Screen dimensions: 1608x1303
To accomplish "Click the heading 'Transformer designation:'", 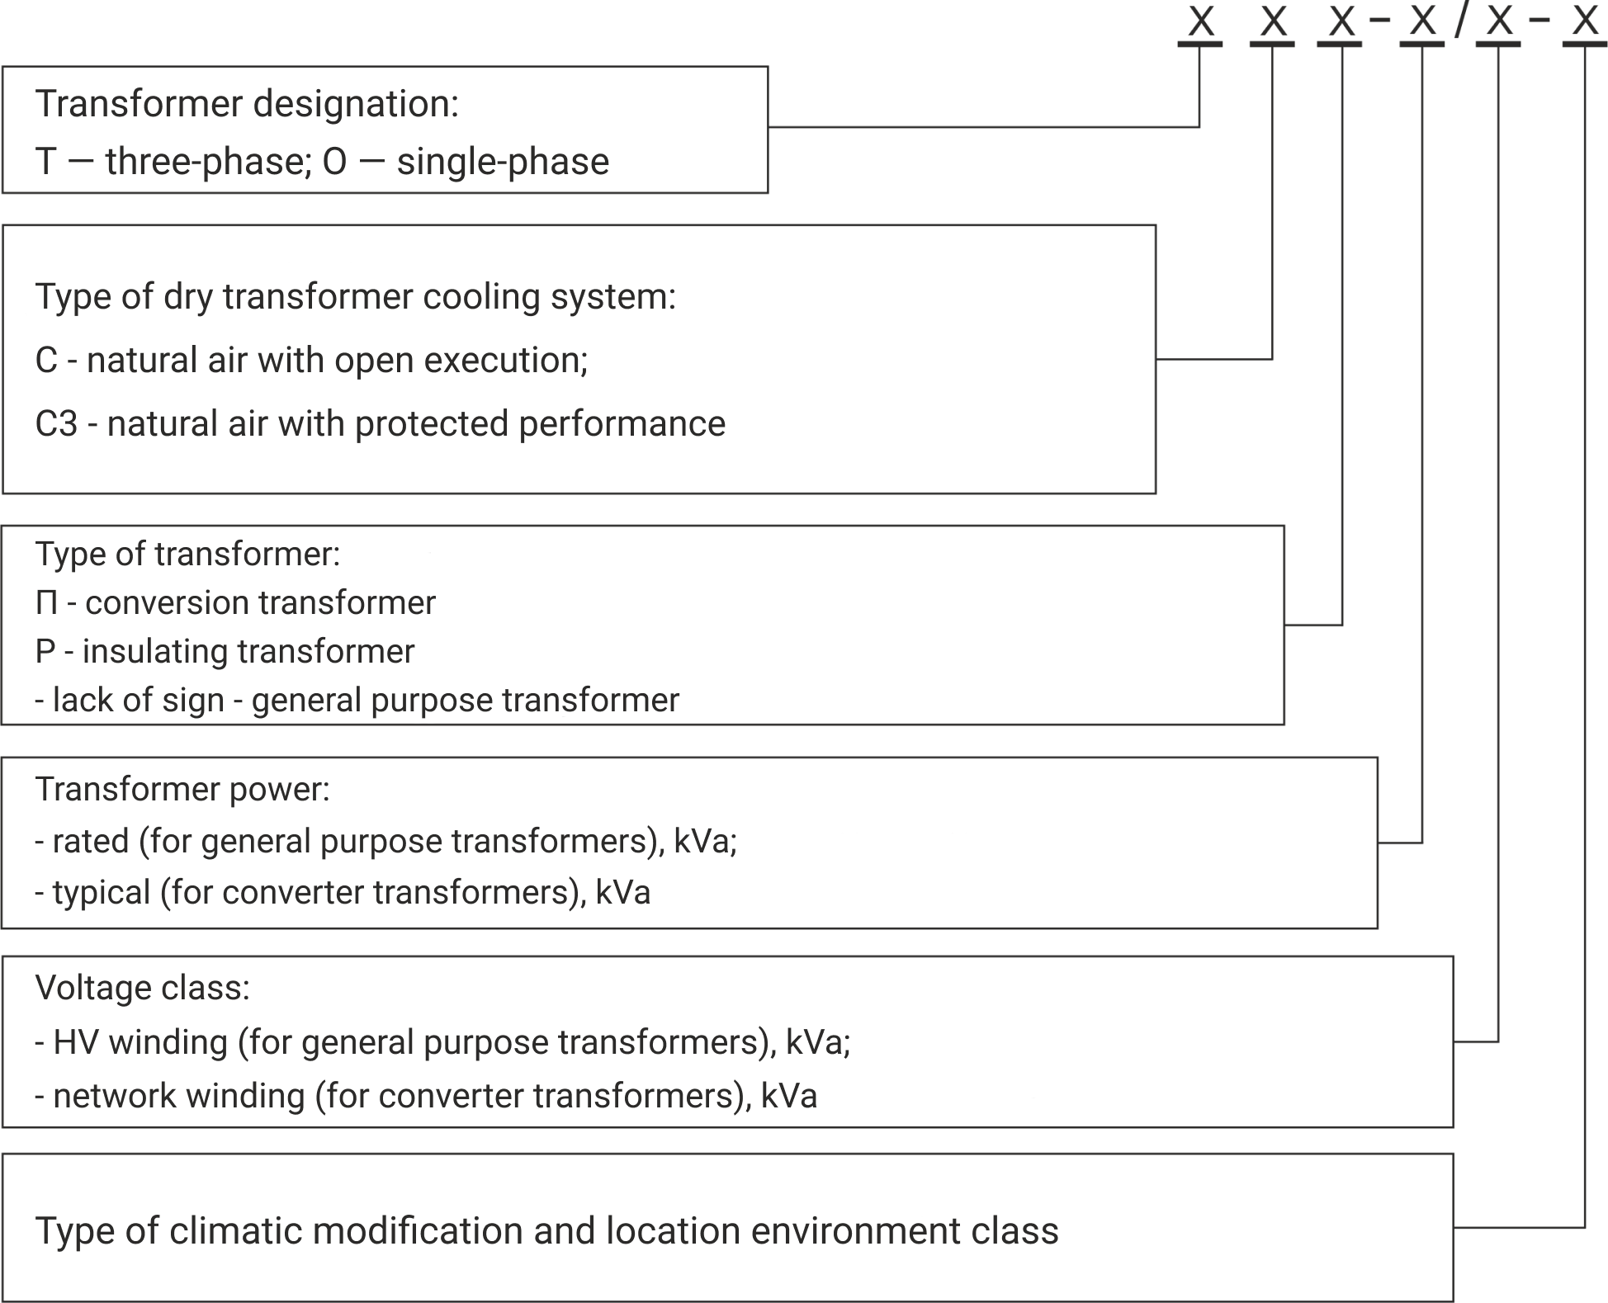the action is pyautogui.click(x=247, y=105).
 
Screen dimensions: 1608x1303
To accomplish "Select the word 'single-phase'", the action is pyautogui.click(x=503, y=162).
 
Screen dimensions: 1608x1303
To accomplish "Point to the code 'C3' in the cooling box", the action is pyautogui.click(x=56, y=424).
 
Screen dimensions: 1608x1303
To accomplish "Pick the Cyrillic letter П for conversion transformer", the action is pyautogui.click(x=46, y=603).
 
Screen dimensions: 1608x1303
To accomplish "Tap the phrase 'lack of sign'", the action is pyautogui.click(x=138, y=701).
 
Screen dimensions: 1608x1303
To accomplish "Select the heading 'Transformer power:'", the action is pyautogui.click(x=182, y=790).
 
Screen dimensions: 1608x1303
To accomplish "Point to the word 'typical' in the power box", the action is pyautogui.click(x=102, y=893).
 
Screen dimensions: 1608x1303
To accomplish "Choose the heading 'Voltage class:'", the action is pyautogui.click(x=142, y=988).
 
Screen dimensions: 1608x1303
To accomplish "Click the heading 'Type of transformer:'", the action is pyautogui.click(x=187, y=555).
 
